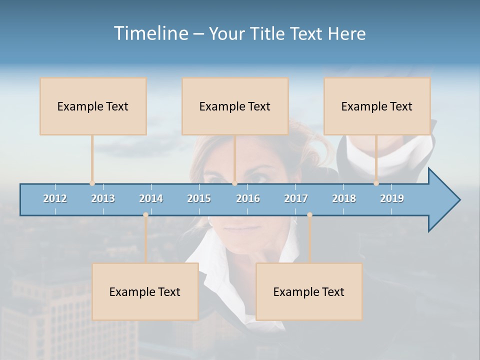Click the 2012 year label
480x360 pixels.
pos(55,198)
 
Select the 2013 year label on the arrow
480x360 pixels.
pos(103,198)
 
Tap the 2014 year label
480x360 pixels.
pos(151,198)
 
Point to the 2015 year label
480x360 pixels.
pos(199,198)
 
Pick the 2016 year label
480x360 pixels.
pos(248,198)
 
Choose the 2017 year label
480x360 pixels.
pos(296,198)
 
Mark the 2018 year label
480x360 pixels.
pos(344,198)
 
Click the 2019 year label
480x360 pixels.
pos(392,198)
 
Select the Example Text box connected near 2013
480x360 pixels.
pos(93,106)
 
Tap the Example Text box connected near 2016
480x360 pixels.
pos(235,106)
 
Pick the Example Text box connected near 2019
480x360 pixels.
pos(377,106)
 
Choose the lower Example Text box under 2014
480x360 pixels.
pos(145,292)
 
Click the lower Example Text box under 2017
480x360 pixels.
pos(309,292)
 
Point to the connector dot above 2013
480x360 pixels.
pos(92,183)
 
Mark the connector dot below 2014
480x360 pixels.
pos(145,215)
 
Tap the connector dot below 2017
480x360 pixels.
pos(309,215)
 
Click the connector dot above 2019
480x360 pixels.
pos(376,183)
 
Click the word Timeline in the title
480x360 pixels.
pos(150,33)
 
